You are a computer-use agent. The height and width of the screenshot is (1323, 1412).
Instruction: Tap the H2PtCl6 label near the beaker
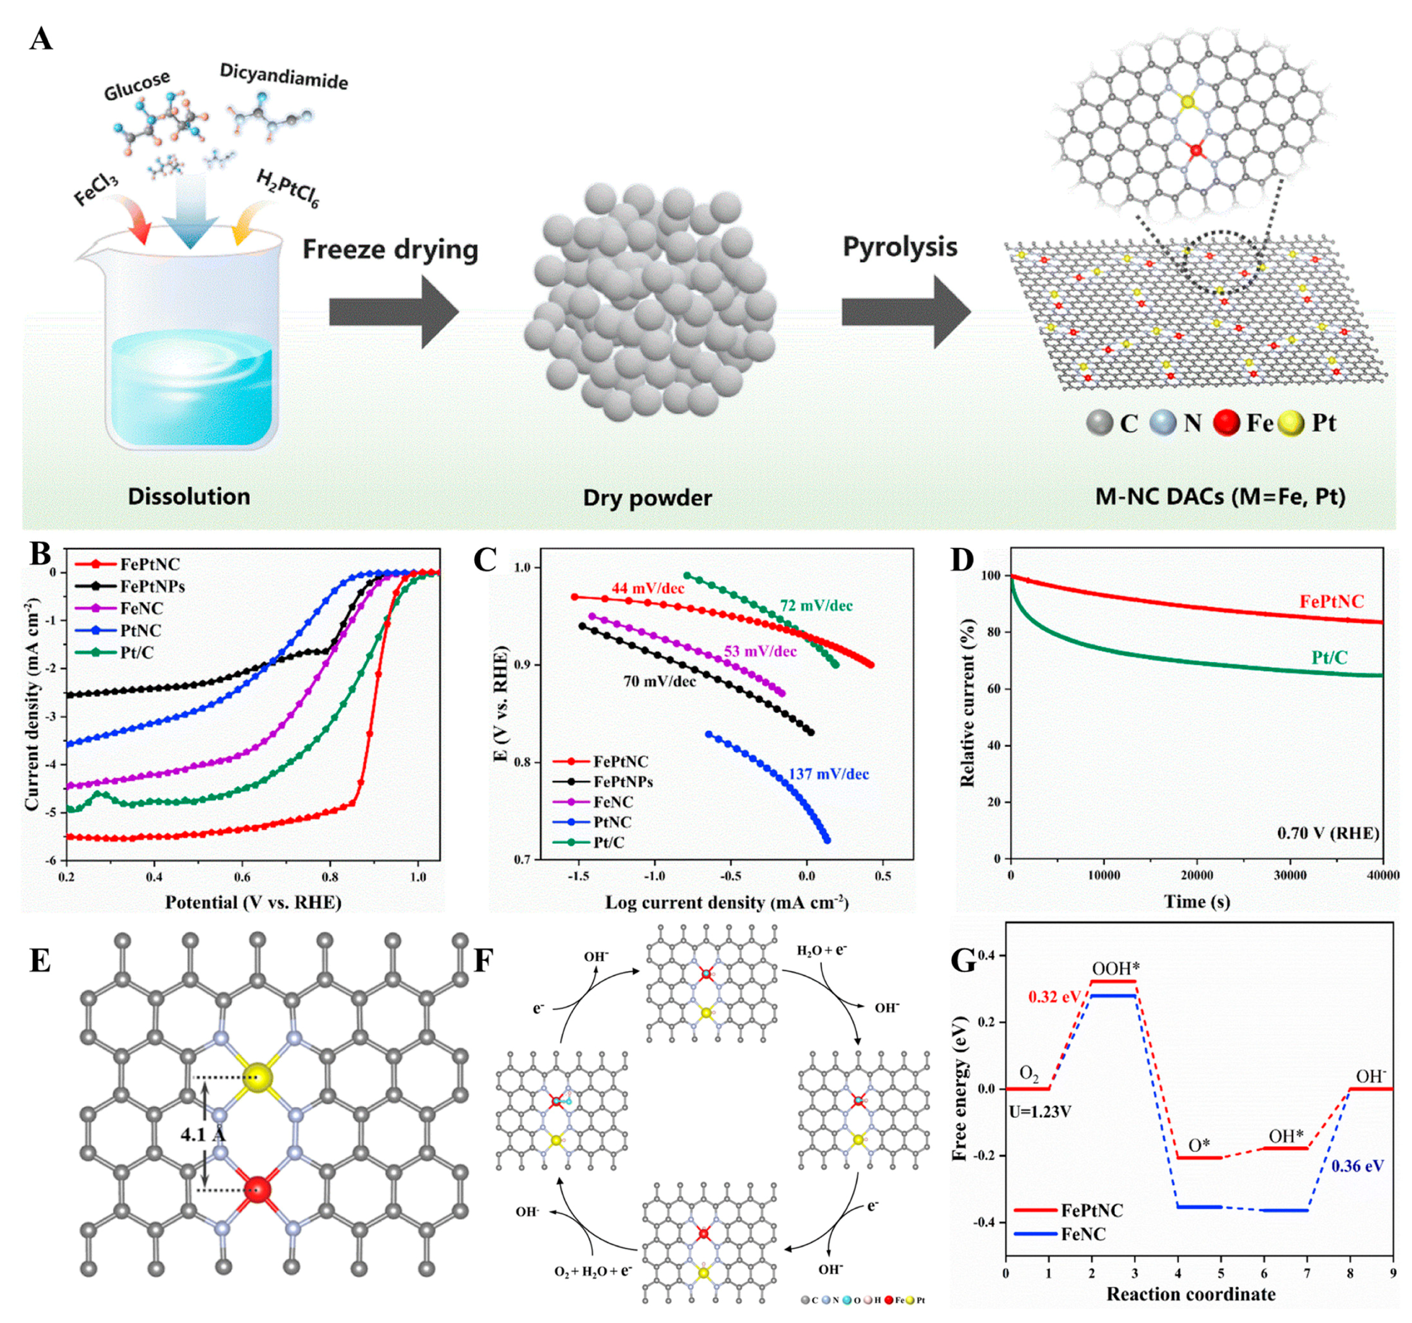pos(287,189)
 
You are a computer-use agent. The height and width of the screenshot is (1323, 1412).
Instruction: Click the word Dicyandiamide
pos(283,76)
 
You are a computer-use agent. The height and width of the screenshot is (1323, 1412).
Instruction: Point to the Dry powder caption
pos(647,498)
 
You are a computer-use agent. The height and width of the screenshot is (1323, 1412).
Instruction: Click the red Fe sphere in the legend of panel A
pos(1226,423)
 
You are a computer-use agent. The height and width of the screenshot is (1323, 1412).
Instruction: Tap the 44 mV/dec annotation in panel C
pos(648,588)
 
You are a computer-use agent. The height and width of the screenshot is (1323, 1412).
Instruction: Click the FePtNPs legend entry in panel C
pos(622,781)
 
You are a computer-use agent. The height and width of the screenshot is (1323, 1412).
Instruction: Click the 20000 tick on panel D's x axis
pos(1197,875)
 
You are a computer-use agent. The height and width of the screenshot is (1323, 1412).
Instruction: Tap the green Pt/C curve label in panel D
pos(1329,658)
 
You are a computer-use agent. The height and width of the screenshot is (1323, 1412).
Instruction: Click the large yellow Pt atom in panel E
pos(258,1078)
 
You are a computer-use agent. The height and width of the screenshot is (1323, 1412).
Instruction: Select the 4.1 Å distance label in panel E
pos(202,1134)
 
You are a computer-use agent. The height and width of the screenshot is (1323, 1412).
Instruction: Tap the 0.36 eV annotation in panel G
pos(1356,1166)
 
